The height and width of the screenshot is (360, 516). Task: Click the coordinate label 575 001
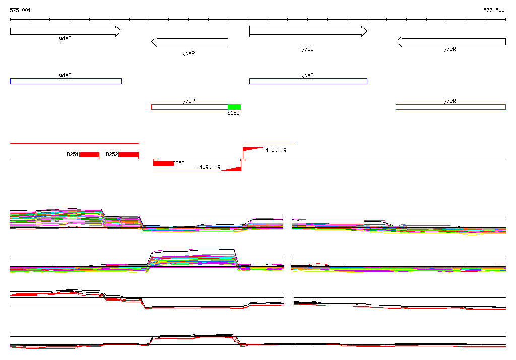click(20, 10)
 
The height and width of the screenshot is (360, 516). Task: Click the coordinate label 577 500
click(494, 10)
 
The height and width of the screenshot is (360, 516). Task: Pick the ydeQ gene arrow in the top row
click(308, 31)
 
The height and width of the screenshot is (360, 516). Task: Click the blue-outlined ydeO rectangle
click(66, 81)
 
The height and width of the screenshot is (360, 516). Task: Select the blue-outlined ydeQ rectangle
click(308, 81)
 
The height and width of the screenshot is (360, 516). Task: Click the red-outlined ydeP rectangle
click(189, 107)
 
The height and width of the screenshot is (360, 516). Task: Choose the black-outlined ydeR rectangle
click(450, 107)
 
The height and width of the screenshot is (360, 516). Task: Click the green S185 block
click(234, 107)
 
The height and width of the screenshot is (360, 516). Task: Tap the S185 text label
click(233, 113)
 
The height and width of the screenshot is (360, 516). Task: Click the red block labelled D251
click(89, 154)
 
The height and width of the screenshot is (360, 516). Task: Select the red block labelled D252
click(128, 154)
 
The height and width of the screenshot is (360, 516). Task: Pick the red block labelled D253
click(163, 163)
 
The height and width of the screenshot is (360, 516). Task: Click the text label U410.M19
click(274, 150)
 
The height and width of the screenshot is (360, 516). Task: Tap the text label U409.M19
click(208, 167)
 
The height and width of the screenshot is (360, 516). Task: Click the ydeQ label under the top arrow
click(307, 49)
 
